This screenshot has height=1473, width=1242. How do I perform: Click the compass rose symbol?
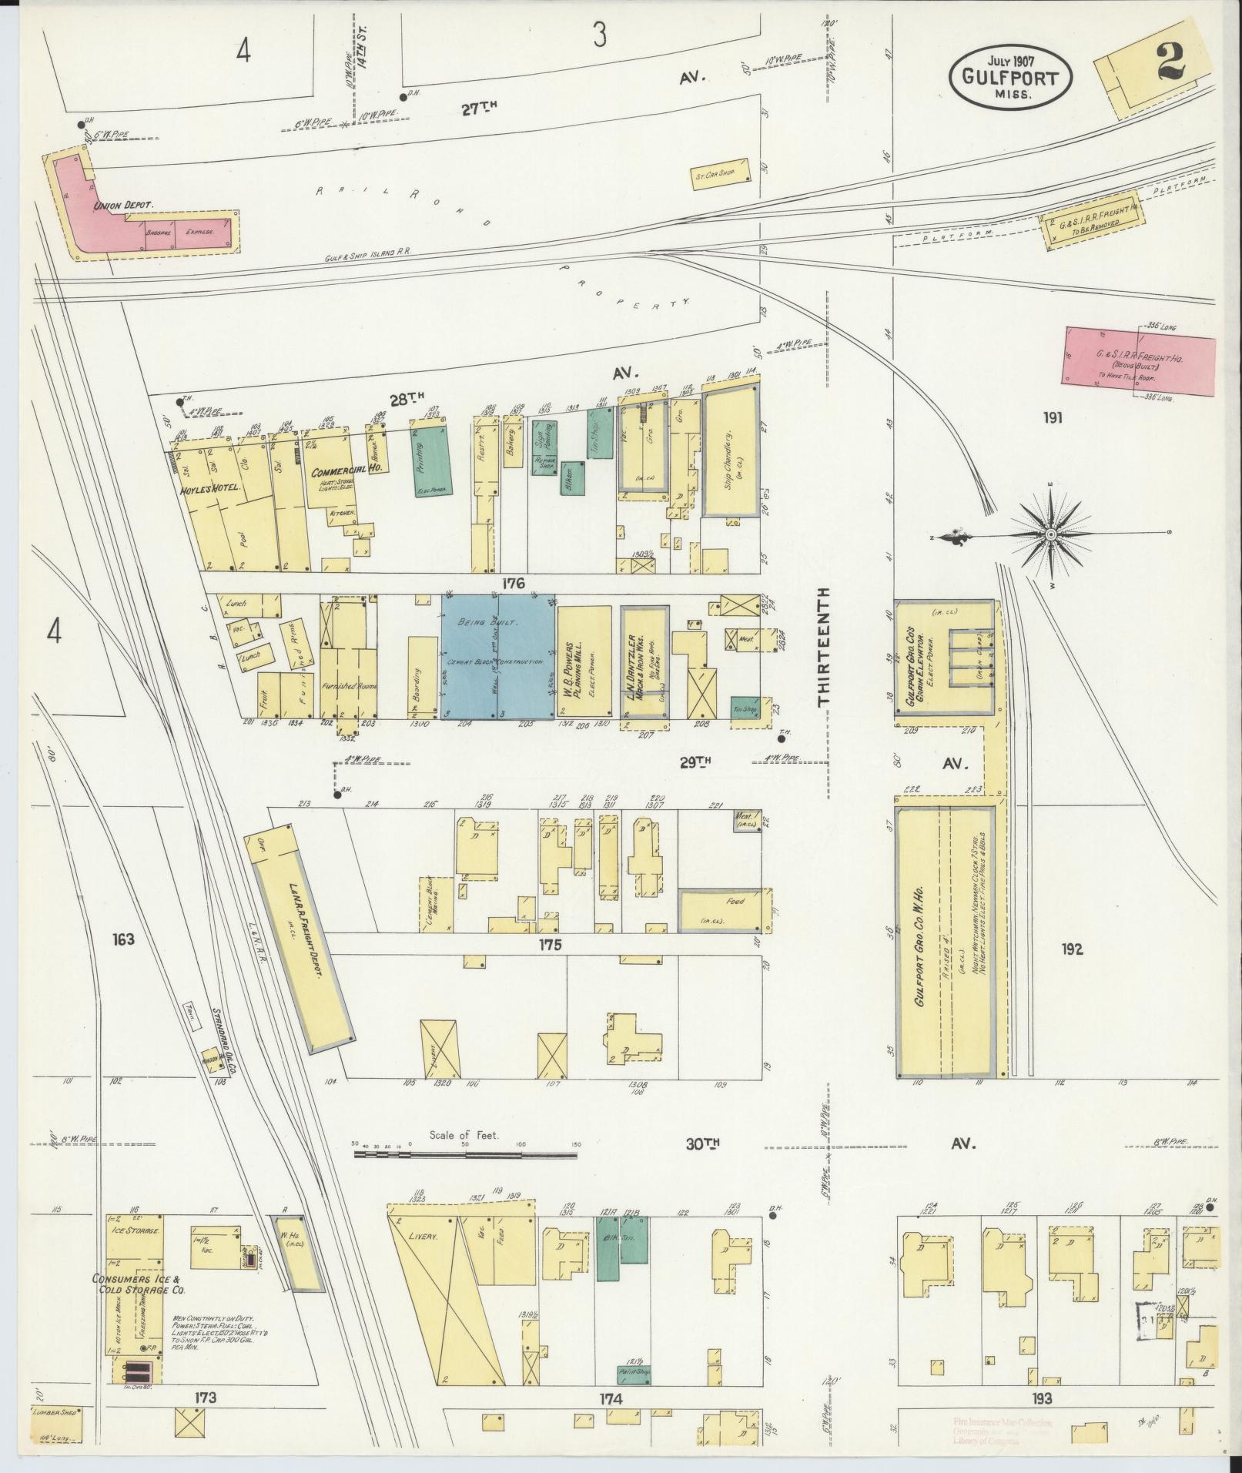(x=1050, y=533)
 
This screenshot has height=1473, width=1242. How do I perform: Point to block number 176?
(x=513, y=584)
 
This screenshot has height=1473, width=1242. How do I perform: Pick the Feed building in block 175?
(x=721, y=910)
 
